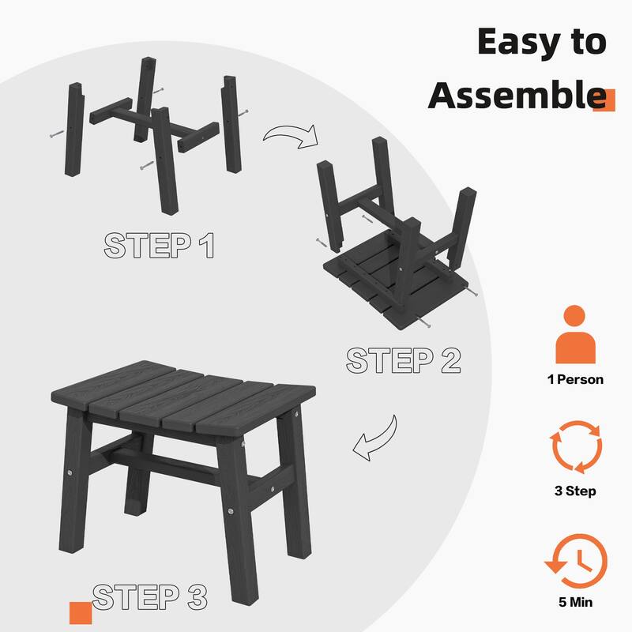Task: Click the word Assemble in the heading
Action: click(x=517, y=95)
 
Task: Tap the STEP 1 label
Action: click(x=159, y=245)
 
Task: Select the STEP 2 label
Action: click(x=403, y=360)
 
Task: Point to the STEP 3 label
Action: click(x=149, y=596)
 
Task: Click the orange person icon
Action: click(x=575, y=334)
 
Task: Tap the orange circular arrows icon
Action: click(x=576, y=446)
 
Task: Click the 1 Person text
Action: click(x=575, y=380)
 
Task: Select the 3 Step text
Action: click(x=575, y=491)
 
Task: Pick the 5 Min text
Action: click(x=576, y=602)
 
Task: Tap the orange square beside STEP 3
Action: click(x=81, y=613)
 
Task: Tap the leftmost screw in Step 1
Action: click(x=56, y=134)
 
